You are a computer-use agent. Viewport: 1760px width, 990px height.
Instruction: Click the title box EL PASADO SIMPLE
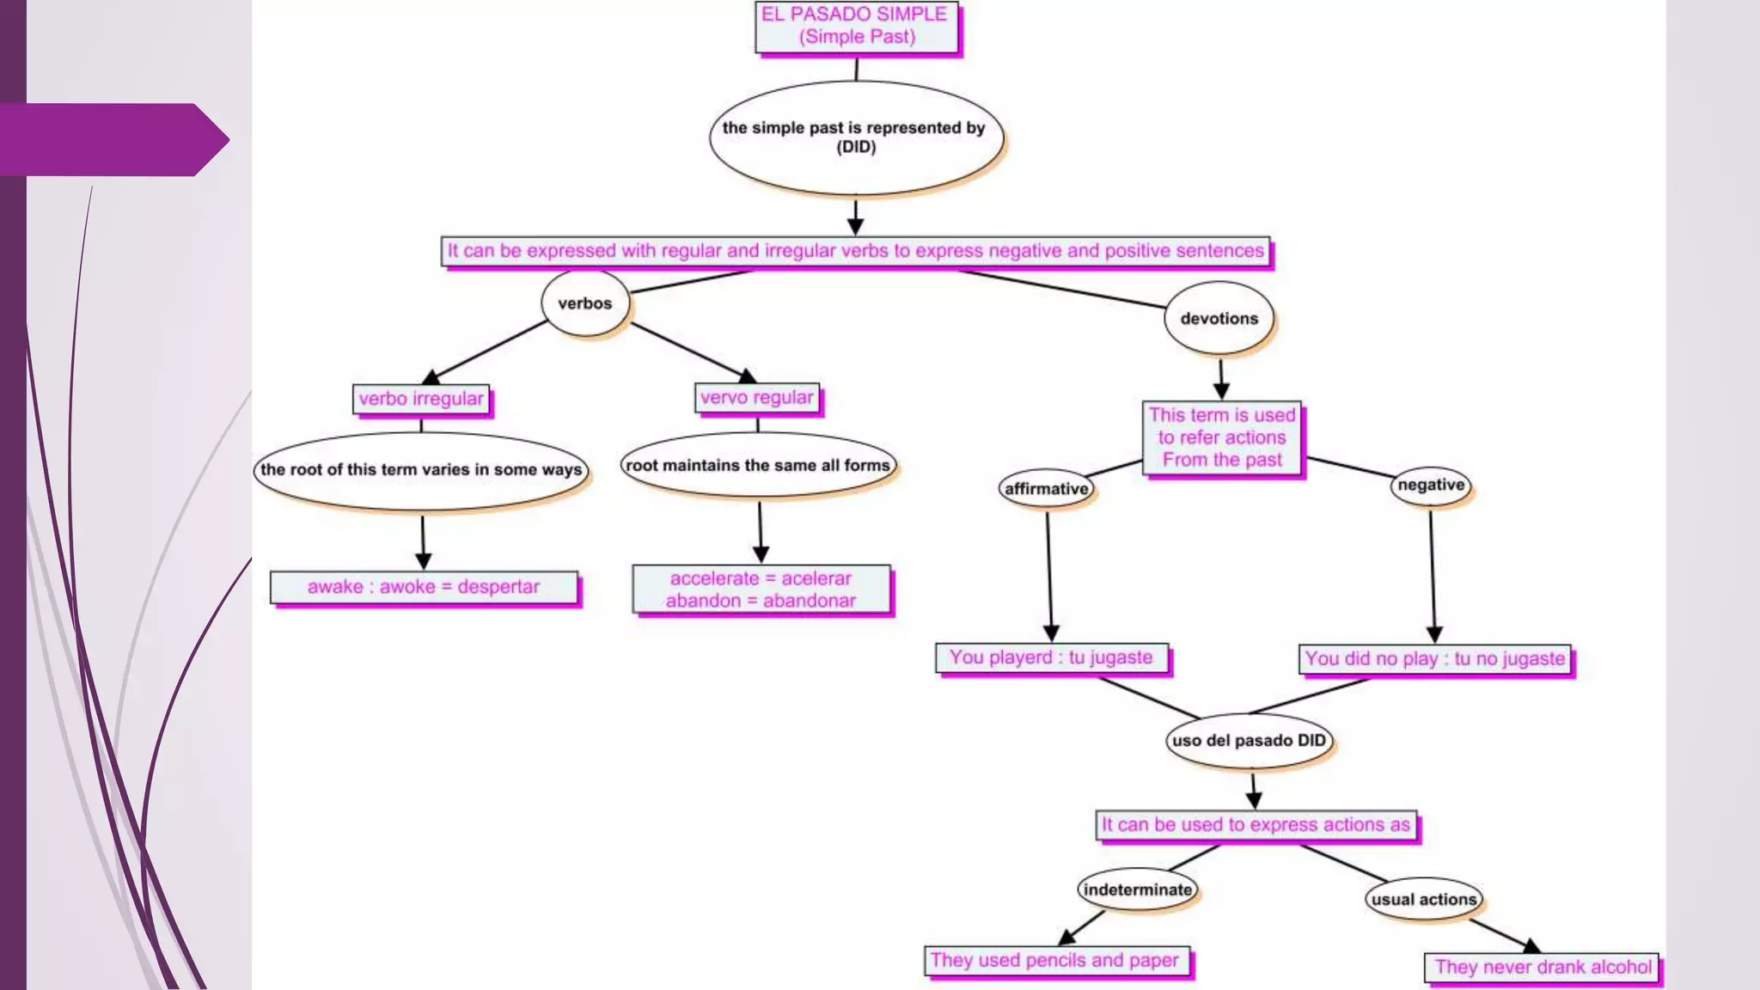[856, 27]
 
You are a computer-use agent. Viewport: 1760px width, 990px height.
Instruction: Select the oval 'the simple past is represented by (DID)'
[855, 137]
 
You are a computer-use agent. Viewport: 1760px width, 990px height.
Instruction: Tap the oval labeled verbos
[585, 303]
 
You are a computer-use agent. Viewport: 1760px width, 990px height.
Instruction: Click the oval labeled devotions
[1219, 319]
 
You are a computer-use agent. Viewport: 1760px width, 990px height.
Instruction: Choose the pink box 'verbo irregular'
[421, 399]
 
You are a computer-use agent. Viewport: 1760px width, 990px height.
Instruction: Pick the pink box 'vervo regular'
[756, 398]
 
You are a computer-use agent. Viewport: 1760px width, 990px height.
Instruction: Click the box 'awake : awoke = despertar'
[424, 587]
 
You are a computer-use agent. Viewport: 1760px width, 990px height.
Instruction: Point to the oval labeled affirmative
[1046, 489]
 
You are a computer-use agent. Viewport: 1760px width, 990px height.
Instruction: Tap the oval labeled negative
[1431, 485]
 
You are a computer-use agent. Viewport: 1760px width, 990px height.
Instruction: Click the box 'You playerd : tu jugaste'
[1051, 658]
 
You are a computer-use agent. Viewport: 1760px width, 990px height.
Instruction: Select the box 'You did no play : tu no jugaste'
[1434, 659]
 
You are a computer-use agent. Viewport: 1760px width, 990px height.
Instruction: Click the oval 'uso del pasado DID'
[1249, 741]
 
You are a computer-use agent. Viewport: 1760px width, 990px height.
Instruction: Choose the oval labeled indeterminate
[1137, 890]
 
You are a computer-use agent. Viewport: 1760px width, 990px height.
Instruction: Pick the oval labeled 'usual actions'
[1423, 900]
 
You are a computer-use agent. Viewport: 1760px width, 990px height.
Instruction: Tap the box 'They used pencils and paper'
[1055, 961]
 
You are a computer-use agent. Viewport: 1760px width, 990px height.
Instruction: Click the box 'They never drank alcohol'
[1542, 968]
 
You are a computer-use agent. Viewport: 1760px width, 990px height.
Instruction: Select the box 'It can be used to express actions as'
[1256, 825]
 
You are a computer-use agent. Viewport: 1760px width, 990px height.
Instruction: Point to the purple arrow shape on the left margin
[112, 139]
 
